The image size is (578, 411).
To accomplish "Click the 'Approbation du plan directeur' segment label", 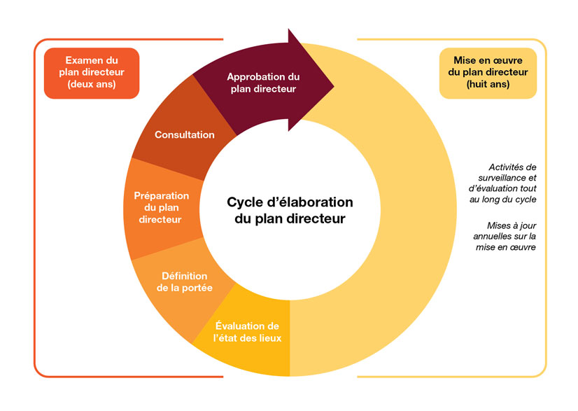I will (262, 83).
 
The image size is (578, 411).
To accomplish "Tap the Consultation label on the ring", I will (184, 134).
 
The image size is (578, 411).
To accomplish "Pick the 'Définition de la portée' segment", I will (187, 281).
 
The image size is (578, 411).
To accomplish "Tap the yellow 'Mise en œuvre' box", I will (488, 73).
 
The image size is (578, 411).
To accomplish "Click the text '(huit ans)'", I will (488, 85).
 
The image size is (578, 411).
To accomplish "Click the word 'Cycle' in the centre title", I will (244, 202).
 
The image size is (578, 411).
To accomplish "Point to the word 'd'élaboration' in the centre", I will (311, 202).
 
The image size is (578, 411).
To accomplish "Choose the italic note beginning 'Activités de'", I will (503, 183).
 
